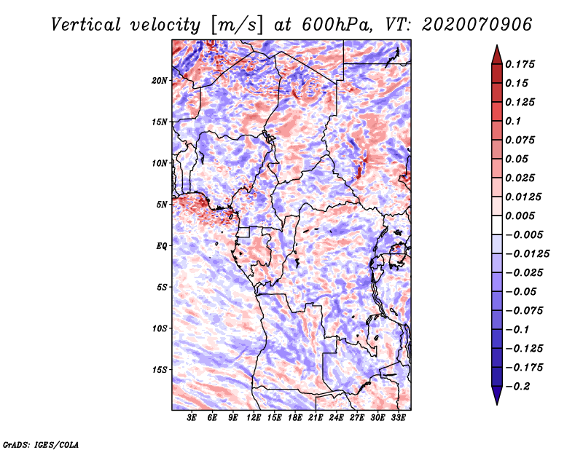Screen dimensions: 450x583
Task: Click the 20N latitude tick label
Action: [x=160, y=80]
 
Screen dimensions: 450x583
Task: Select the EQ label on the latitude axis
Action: [x=162, y=246]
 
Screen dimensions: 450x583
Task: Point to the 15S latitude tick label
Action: [x=160, y=370]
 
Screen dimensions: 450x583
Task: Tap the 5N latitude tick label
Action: [x=163, y=205]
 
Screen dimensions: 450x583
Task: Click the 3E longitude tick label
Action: [x=192, y=418]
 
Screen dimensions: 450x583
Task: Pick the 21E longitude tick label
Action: [x=316, y=418]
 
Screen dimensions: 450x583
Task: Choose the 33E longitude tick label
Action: [x=398, y=418]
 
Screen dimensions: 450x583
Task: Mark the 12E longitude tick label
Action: [x=254, y=418]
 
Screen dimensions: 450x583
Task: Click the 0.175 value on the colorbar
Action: [x=522, y=64]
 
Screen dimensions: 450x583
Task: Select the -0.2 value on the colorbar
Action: [x=520, y=386]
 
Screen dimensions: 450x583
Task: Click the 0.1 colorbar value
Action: [x=514, y=121]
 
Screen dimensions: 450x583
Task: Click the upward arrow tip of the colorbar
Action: [x=496, y=47]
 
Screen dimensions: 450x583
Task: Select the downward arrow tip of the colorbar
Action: [x=496, y=402]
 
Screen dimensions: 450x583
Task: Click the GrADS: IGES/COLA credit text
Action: [x=41, y=443]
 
